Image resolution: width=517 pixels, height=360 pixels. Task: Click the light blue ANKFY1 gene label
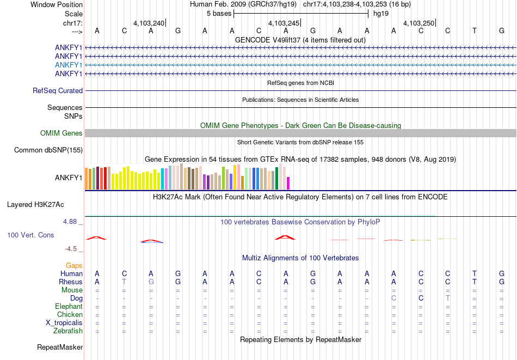pyautogui.click(x=69, y=65)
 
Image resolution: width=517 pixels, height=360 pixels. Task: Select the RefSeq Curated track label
pyautogui.click(x=58, y=91)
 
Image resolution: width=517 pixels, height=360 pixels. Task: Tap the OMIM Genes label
pyautogui.click(x=61, y=133)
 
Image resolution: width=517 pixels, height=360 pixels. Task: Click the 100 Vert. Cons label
pyautogui.click(x=30, y=235)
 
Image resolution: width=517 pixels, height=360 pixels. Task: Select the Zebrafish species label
pyautogui.click(x=68, y=331)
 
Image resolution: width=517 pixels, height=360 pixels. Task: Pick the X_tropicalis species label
pyautogui.click(x=64, y=323)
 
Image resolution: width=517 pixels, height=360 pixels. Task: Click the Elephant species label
pyautogui.click(x=69, y=307)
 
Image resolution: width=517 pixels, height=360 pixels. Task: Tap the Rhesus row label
pyautogui.click(x=71, y=282)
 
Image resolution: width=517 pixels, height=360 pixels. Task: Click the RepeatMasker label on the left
pyautogui.click(x=60, y=347)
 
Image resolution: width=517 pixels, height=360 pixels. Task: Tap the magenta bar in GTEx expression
pyautogui.click(x=288, y=183)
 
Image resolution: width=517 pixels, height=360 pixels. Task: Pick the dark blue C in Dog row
pyautogui.click(x=421, y=298)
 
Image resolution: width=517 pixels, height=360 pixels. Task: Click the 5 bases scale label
pyautogui.click(x=219, y=14)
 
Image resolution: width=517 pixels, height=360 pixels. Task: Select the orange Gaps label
pyautogui.click(x=75, y=265)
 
